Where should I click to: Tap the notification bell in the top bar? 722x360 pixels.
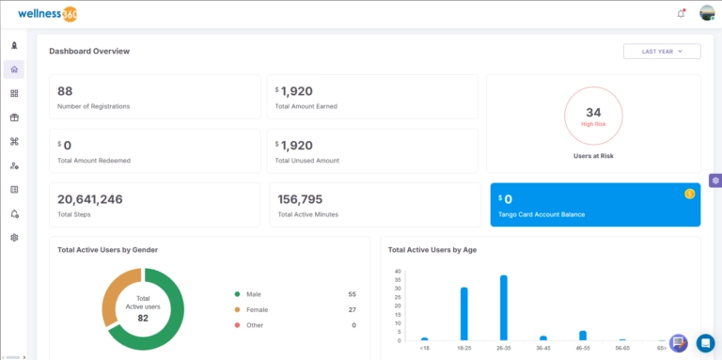click(x=681, y=13)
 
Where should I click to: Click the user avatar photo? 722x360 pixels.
click(x=707, y=13)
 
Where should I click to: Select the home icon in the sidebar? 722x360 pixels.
click(x=14, y=70)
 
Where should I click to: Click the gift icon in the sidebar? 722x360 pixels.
click(x=14, y=117)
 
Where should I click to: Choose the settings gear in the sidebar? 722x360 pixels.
click(x=14, y=238)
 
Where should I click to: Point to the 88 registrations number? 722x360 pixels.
click(x=65, y=91)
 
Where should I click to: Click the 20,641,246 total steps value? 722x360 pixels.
click(x=90, y=199)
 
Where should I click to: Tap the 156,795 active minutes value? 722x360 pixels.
click(x=300, y=199)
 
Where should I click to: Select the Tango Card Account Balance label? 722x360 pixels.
click(x=541, y=214)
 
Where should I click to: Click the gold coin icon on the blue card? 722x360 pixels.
click(x=689, y=194)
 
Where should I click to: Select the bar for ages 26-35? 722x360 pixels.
click(x=503, y=307)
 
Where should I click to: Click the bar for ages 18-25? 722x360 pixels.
click(x=463, y=314)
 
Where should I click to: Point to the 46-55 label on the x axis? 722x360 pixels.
click(x=582, y=347)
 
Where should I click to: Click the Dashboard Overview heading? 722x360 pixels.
click(x=89, y=51)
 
